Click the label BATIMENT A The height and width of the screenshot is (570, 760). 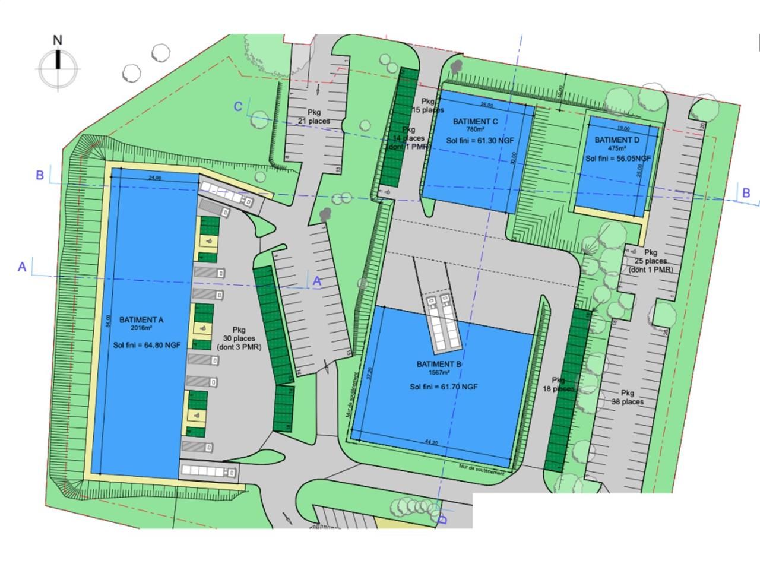tap(141, 320)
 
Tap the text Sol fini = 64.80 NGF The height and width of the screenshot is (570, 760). tap(147, 344)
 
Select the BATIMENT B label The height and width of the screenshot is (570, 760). tap(439, 364)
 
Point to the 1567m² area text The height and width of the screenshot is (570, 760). tap(439, 373)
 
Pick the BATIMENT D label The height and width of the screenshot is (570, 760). tap(617, 140)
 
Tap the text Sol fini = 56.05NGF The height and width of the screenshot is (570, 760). tap(618, 159)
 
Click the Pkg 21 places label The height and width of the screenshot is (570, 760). tap(314, 116)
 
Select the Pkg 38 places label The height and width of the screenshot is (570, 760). tap(628, 397)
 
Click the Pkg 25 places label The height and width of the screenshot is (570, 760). tap(651, 261)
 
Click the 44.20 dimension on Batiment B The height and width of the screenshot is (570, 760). tap(431, 442)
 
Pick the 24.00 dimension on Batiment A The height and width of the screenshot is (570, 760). tap(156, 177)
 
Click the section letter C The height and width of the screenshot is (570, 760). tap(238, 106)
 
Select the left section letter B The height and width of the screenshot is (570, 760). tap(40, 175)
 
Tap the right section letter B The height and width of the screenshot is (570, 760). tap(746, 193)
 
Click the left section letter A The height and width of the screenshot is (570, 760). tap(22, 267)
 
